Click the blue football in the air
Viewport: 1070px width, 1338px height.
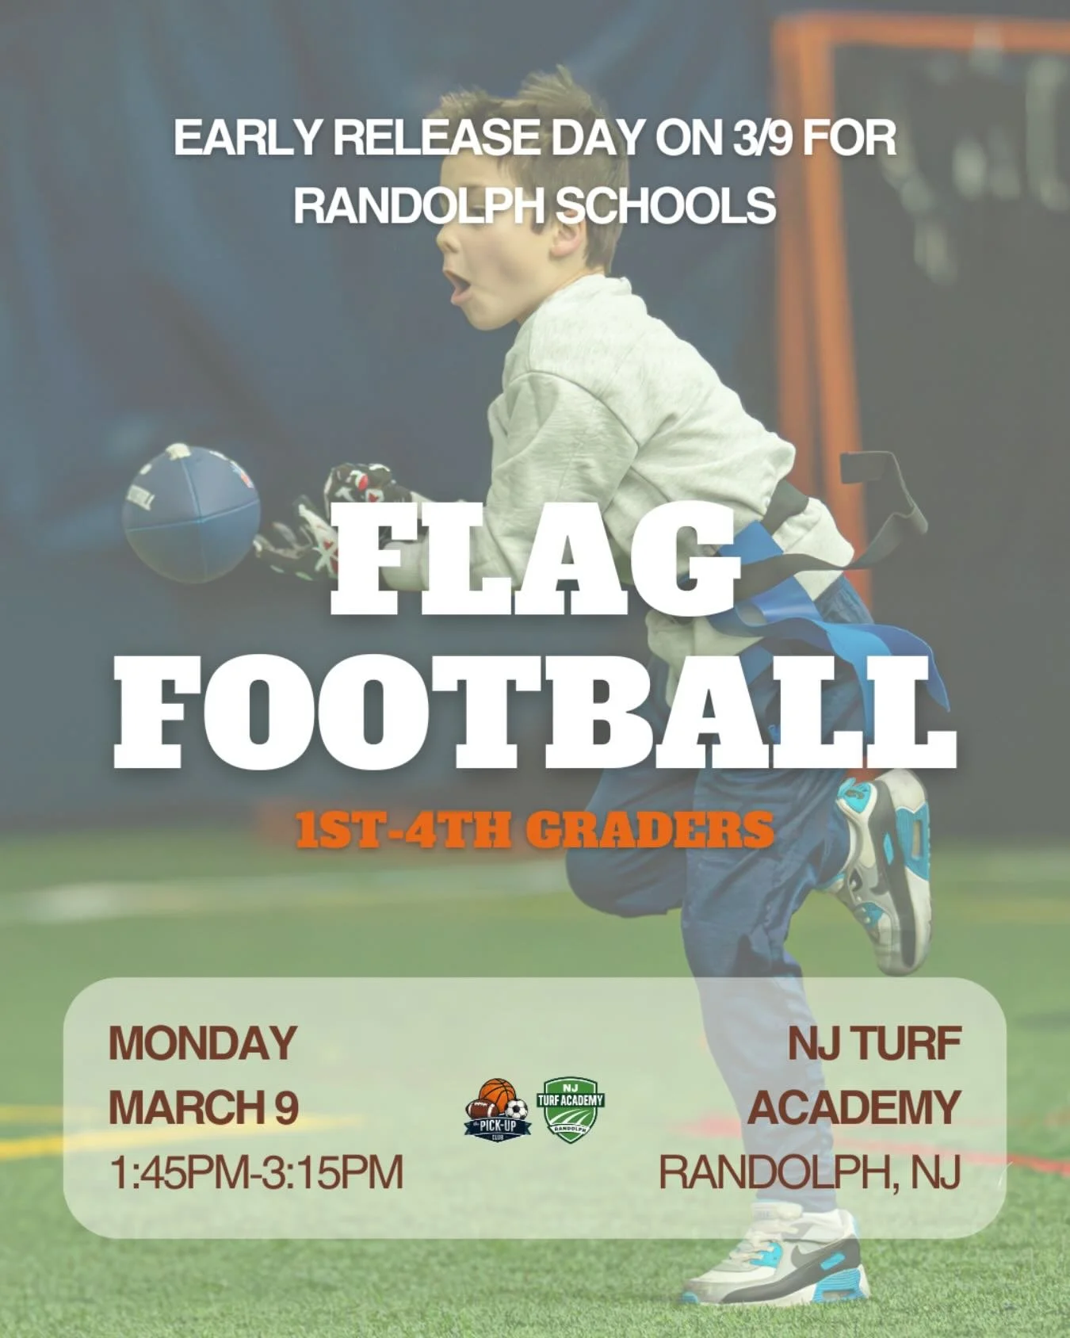point(190,513)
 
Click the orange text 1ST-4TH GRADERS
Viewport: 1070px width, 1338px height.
point(535,829)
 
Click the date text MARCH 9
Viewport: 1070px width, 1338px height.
point(203,1107)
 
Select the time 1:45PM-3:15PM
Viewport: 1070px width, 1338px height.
point(256,1172)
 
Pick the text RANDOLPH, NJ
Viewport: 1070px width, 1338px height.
point(809,1172)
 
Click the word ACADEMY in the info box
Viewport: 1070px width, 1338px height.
point(854,1107)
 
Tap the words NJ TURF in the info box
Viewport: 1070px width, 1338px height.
point(873,1043)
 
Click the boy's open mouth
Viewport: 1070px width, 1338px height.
point(457,285)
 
